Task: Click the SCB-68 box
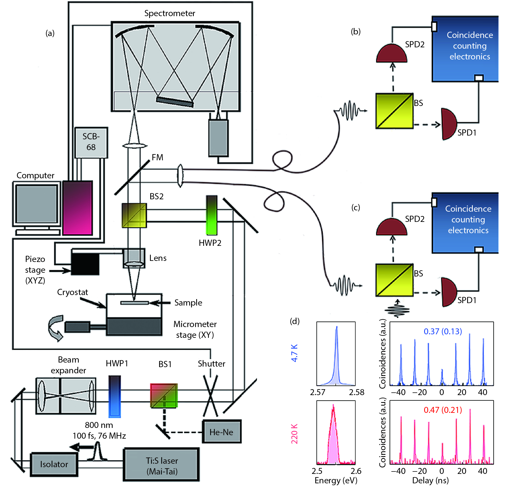[91, 142]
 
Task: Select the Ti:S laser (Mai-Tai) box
[162, 466]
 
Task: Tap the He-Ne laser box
[221, 432]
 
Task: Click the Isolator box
[54, 464]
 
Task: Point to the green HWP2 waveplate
[212, 215]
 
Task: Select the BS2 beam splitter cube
[134, 215]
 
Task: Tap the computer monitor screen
[37, 204]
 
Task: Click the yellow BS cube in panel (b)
[394, 111]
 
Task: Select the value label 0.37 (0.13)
[443, 331]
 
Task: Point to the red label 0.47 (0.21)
[443, 410]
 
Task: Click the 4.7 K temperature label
[295, 353]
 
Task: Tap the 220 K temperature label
[295, 434]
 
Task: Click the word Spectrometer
[170, 13]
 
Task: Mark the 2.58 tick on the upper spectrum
[357, 392]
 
